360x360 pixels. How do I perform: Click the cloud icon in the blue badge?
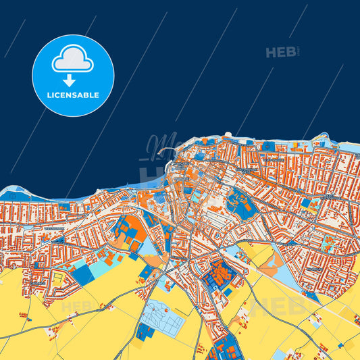tap(73, 59)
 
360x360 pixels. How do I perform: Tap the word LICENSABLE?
tap(73, 95)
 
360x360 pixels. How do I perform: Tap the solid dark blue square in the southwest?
tap(84, 274)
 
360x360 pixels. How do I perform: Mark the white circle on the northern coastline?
tap(228, 135)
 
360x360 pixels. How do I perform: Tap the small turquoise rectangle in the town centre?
tap(196, 196)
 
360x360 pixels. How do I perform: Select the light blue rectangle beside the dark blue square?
tap(102, 265)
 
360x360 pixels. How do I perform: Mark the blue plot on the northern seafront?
tap(269, 146)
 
